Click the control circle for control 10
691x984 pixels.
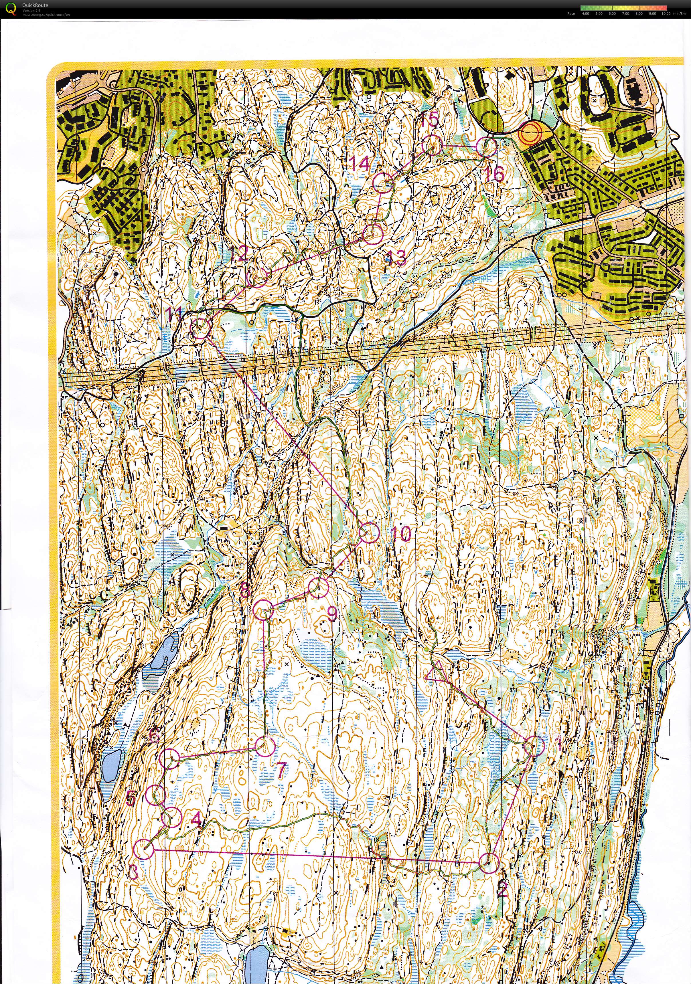pos(371,533)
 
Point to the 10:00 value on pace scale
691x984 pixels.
pos(666,13)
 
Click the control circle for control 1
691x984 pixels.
pos(534,746)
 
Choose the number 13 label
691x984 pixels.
pos(397,258)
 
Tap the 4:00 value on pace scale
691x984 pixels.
pos(585,13)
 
